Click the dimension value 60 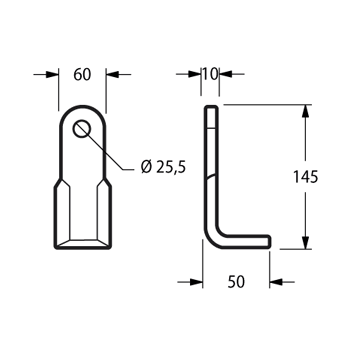tap(82, 74)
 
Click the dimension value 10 tap(210, 74)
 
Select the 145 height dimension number tap(305, 177)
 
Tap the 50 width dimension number tap(236, 282)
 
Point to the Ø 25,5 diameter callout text tap(163, 168)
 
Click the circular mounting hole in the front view tap(82, 128)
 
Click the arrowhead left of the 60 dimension tap(52, 74)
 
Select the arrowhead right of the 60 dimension tap(112, 74)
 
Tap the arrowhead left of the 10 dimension tap(194, 74)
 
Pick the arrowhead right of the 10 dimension tap(225, 74)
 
